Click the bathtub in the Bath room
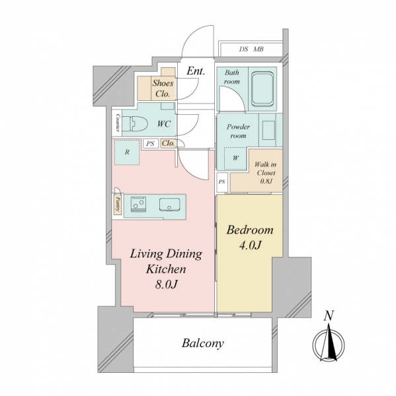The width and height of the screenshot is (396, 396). tap(262, 89)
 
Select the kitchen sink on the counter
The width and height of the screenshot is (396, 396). tap(169, 205)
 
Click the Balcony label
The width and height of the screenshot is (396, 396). tap(203, 343)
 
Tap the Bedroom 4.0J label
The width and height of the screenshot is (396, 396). tap(250, 238)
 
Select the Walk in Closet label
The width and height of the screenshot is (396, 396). tap(265, 173)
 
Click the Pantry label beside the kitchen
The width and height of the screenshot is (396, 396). tap(118, 205)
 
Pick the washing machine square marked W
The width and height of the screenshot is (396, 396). tap(235, 158)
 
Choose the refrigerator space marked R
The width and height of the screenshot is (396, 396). tap(127, 152)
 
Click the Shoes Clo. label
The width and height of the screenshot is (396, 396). tap(163, 88)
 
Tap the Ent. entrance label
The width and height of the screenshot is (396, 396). tap(196, 71)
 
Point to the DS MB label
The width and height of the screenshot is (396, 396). tap(251, 49)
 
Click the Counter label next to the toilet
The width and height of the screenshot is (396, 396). tap(118, 123)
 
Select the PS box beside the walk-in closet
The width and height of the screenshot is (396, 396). tap(222, 182)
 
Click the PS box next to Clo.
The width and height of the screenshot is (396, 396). tap(150, 143)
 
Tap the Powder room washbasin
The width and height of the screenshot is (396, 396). tap(268, 130)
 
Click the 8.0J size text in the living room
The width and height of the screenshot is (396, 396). tap(166, 284)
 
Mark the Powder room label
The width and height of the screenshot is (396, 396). tap(238, 131)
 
